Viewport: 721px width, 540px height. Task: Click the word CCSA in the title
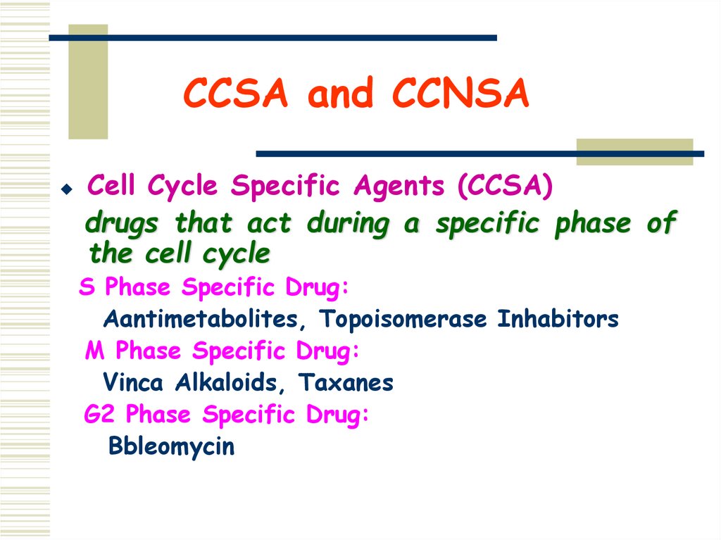[x=235, y=95]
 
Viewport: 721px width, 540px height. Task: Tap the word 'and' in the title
[x=341, y=95]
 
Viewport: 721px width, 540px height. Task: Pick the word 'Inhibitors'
[x=558, y=320]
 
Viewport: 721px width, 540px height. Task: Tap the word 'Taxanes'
[x=346, y=383]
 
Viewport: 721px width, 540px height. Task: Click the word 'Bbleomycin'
[x=171, y=447]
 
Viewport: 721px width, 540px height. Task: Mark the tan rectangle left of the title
[x=88, y=81]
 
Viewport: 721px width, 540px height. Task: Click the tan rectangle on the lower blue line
[x=634, y=152]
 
